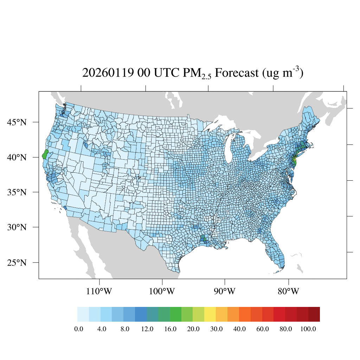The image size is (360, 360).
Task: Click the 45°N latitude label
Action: [x=17, y=122]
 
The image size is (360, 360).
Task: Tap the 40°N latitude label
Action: [x=17, y=157]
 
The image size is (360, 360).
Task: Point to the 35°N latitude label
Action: [x=17, y=192]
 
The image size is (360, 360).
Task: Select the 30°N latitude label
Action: [x=17, y=227]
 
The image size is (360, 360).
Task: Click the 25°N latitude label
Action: [x=17, y=263]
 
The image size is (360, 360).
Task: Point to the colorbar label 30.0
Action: [x=216, y=329]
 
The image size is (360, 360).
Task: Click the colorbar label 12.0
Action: [x=147, y=329]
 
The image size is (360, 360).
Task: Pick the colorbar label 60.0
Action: [x=262, y=329]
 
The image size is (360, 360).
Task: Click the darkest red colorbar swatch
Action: [x=314, y=314]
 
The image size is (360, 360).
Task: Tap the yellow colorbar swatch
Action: [x=210, y=314]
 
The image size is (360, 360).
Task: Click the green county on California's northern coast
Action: [x=45, y=154]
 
